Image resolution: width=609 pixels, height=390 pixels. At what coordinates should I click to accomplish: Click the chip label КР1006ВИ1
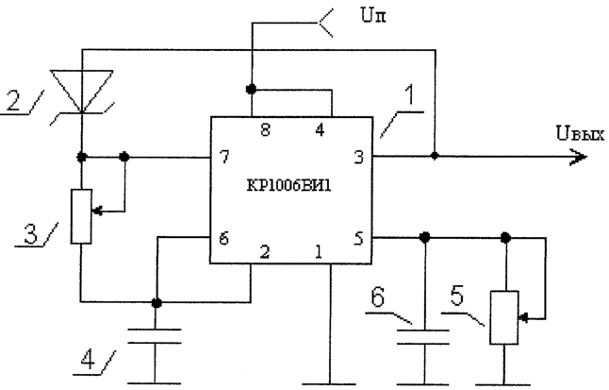click(289, 186)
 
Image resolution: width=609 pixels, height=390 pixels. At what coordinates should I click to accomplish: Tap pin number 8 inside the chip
click(265, 130)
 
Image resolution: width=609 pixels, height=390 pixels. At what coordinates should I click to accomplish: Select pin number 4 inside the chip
click(320, 130)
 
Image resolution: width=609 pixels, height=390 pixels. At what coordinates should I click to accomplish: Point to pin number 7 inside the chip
click(224, 157)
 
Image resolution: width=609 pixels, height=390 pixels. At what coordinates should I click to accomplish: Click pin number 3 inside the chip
click(359, 157)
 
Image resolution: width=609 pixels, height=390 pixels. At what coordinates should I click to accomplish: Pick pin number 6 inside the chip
click(223, 238)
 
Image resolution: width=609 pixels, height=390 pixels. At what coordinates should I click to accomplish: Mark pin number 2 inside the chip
click(265, 252)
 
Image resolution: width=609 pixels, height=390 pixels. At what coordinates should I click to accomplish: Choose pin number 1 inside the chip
click(319, 252)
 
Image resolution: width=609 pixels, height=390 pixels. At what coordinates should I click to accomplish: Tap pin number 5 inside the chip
click(359, 238)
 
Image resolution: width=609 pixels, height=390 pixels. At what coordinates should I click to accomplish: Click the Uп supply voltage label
click(373, 15)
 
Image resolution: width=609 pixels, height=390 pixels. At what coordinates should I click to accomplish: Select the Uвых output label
click(580, 134)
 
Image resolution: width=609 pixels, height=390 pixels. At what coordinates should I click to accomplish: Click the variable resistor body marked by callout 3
click(81, 216)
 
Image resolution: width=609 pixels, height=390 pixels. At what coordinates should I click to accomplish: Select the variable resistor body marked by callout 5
click(504, 317)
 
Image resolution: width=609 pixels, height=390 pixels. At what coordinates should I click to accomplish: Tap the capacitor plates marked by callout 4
click(155, 336)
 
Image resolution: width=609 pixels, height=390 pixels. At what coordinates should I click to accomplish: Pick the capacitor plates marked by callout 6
click(423, 337)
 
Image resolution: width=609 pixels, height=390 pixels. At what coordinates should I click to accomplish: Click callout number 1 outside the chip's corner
click(409, 95)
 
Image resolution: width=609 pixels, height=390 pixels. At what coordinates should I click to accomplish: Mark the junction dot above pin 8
click(252, 89)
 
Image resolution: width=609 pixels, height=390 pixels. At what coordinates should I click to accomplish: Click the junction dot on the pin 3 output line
click(435, 156)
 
